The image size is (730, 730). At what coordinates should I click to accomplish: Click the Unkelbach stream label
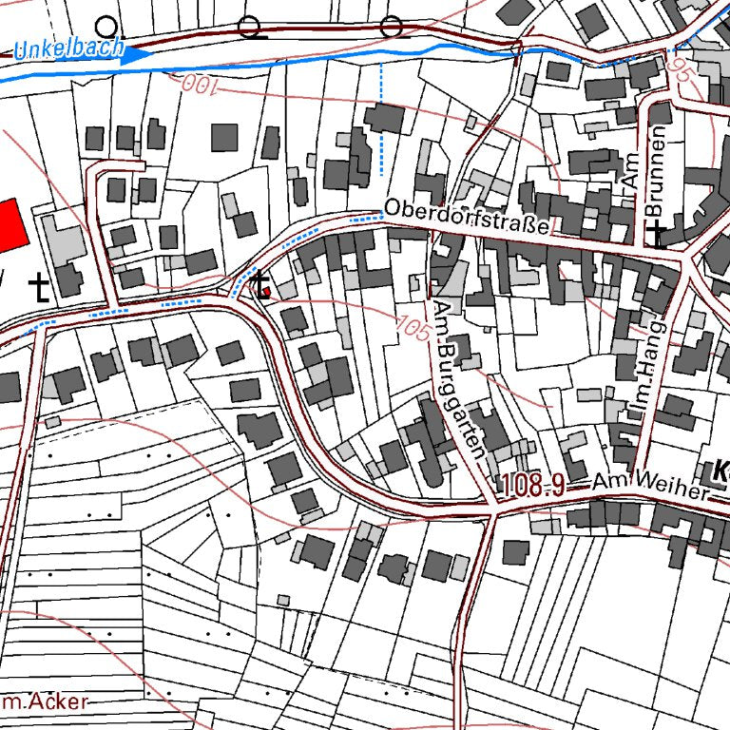(x=69, y=48)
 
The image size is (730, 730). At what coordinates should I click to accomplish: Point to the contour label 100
(x=194, y=86)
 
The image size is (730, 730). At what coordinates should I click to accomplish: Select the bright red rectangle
(x=9, y=225)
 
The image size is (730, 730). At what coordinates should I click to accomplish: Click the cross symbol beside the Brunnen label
(x=657, y=234)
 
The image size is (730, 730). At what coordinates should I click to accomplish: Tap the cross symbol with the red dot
(x=260, y=284)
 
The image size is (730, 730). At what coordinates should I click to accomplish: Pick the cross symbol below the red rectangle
(x=39, y=286)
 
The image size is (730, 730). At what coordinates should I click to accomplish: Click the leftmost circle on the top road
(x=107, y=26)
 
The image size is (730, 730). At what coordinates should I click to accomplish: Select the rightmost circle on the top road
(x=391, y=27)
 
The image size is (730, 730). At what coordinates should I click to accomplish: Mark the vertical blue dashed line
(x=380, y=119)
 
